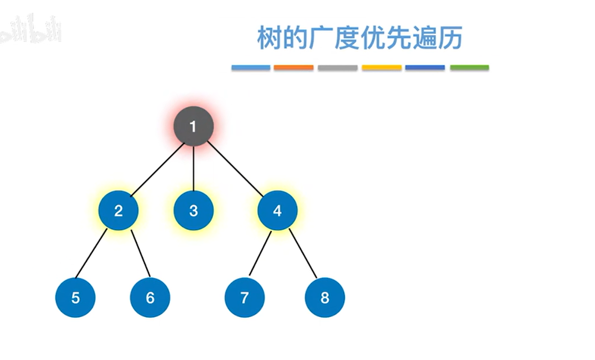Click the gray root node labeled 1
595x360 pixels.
tap(193, 126)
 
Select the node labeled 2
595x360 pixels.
tap(118, 210)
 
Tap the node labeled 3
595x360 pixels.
tap(193, 210)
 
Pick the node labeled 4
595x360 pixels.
tap(277, 210)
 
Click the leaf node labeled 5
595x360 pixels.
tap(75, 298)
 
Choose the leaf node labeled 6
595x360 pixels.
tap(150, 298)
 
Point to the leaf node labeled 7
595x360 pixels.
tap(245, 298)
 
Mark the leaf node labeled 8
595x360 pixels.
tap(325, 298)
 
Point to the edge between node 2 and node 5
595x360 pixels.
tap(92, 253)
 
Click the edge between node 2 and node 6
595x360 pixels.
tap(140, 253)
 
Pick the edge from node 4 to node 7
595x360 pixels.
tap(260, 253)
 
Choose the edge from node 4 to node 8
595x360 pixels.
tap(303, 253)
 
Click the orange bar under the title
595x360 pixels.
tap(293, 67)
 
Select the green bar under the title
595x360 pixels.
tap(469, 67)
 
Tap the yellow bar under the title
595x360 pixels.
tap(381, 67)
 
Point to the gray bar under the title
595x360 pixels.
tap(337, 67)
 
